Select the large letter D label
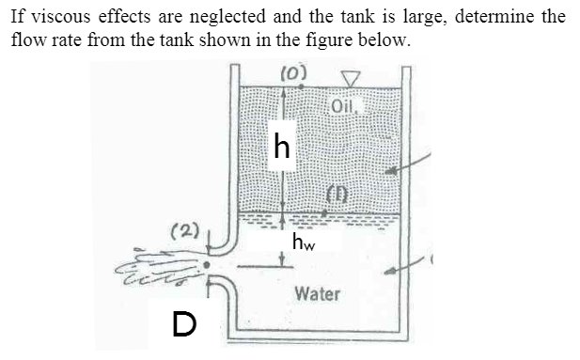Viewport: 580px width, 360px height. click(x=185, y=324)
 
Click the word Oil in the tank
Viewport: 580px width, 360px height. click(x=344, y=104)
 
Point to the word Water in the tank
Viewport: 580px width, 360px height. click(x=317, y=293)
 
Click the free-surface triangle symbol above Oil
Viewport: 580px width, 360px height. click(x=351, y=78)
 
